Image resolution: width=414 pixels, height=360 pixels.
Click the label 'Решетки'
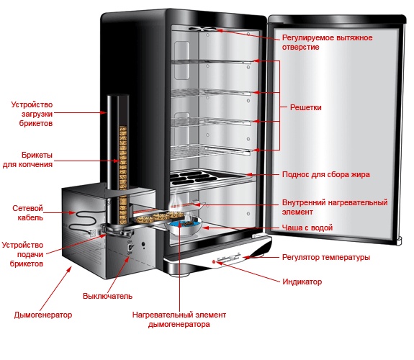click(x=305, y=107)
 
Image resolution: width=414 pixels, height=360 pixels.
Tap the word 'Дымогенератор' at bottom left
click(x=43, y=315)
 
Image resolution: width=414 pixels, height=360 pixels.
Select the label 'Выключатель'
click(x=107, y=296)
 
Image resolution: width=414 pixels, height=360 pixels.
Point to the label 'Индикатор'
click(x=302, y=282)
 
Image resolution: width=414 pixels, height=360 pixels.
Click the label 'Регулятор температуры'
click(x=326, y=257)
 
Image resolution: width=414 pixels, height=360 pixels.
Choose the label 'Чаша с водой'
click(x=307, y=228)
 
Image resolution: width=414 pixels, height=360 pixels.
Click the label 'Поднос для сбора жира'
click(x=326, y=174)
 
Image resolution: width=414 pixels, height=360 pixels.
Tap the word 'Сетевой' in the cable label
click(x=27, y=208)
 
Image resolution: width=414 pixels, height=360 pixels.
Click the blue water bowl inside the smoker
click(x=184, y=227)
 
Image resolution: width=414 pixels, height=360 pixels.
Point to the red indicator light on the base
click(x=214, y=262)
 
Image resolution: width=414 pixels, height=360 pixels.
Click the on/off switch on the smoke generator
click(x=130, y=248)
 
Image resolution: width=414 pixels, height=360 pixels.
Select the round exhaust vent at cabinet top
click(x=203, y=29)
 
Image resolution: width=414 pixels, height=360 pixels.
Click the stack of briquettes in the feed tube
click(x=123, y=175)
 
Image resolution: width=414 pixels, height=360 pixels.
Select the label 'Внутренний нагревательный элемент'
click(x=335, y=207)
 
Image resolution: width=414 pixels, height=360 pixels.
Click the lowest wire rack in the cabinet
click(x=210, y=152)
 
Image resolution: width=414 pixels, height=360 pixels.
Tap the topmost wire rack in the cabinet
click(x=211, y=62)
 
